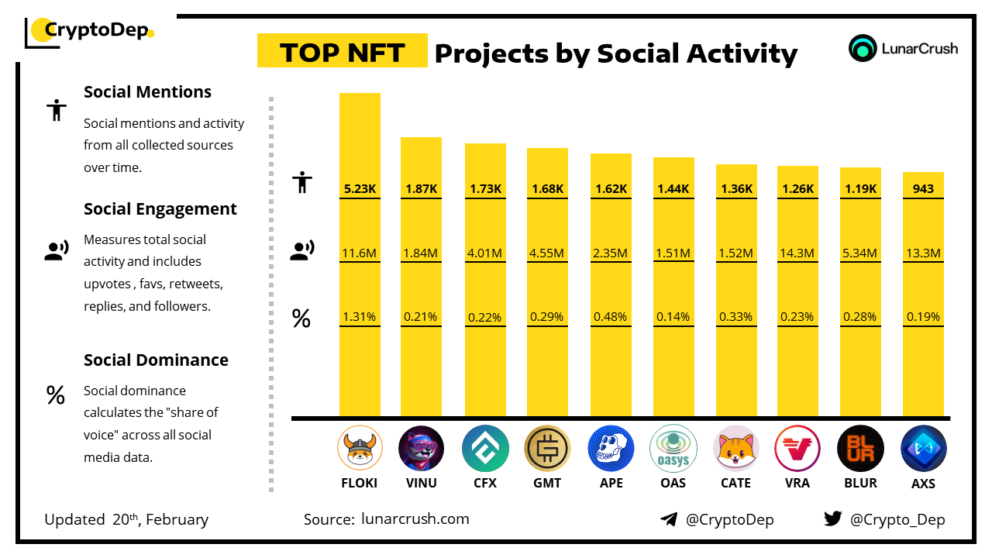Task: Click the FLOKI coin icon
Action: pyautogui.click(x=360, y=449)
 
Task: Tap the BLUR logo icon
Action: pyautogui.click(x=860, y=449)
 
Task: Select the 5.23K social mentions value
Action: pyautogui.click(x=360, y=189)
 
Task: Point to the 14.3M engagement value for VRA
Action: pyautogui.click(x=797, y=253)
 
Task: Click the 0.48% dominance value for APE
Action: pyautogui.click(x=610, y=316)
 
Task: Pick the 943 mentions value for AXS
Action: pyautogui.click(x=923, y=189)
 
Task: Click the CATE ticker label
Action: pyautogui.click(x=735, y=483)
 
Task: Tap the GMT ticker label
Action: pyautogui.click(x=547, y=483)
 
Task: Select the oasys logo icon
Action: pyautogui.click(x=673, y=449)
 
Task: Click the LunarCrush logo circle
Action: pyautogui.click(x=863, y=48)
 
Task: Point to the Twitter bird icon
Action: pyautogui.click(x=833, y=519)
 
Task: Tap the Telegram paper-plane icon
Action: pyautogui.click(x=669, y=519)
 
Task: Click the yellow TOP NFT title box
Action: pyautogui.click(x=342, y=52)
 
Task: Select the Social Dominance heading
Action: pyautogui.click(x=156, y=360)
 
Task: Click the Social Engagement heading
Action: pyautogui.click(x=160, y=209)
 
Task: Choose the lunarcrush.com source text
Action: pyautogui.click(x=415, y=519)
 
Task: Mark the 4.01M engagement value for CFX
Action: pyautogui.click(x=485, y=253)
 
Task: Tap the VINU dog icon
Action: pyautogui.click(x=421, y=449)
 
